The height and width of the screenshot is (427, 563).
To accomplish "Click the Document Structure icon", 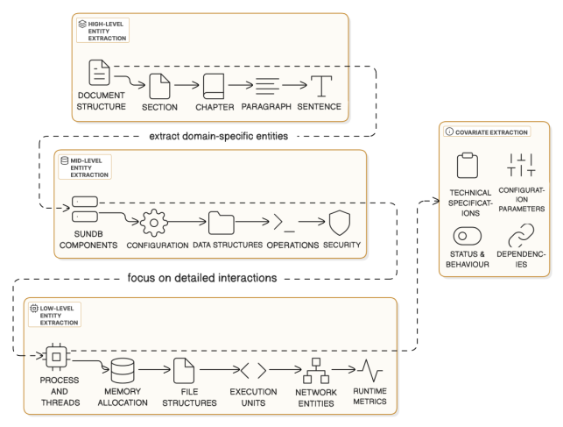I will (99, 73).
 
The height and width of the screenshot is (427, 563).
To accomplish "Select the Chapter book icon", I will (215, 86).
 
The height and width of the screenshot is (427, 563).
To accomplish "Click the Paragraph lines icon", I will (267, 86).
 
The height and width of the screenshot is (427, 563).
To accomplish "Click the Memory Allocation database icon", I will (123, 371).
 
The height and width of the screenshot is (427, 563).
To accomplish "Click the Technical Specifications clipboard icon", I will (467, 165).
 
